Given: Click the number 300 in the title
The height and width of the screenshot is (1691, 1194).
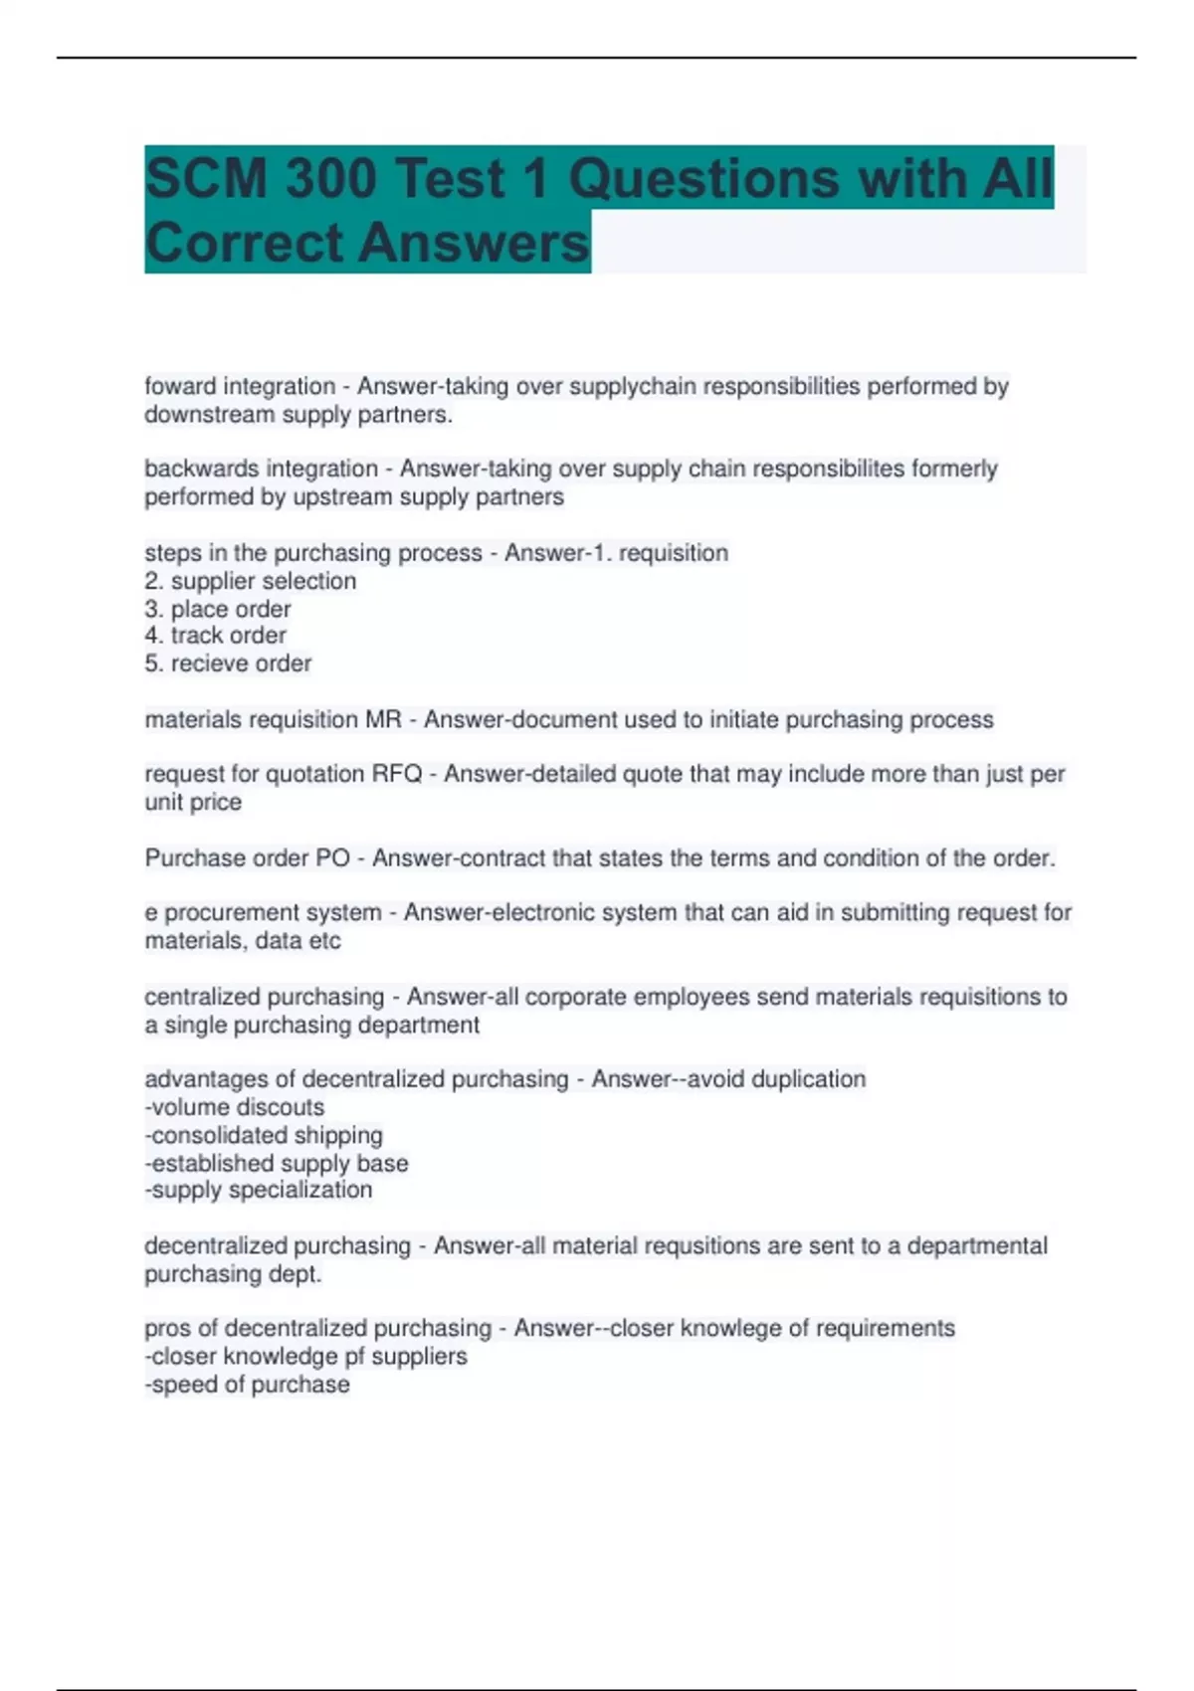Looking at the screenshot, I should click(329, 179).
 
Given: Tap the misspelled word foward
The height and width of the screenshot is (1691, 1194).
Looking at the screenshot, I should click(173, 386).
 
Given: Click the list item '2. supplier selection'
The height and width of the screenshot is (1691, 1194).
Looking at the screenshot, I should click(250, 581).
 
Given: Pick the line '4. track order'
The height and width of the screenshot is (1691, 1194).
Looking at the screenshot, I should click(215, 636).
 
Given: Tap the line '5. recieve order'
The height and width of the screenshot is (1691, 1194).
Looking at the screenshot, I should click(228, 663).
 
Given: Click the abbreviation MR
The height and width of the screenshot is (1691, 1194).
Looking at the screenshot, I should click(383, 719).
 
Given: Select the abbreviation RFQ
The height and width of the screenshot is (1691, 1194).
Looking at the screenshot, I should click(397, 774).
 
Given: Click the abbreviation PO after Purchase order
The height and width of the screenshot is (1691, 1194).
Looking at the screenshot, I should click(332, 857).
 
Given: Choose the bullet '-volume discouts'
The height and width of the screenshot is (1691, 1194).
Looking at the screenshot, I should click(235, 1107).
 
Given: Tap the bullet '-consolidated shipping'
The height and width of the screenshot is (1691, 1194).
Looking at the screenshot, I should click(264, 1135).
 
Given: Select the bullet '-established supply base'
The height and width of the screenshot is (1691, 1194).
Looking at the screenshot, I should click(277, 1163).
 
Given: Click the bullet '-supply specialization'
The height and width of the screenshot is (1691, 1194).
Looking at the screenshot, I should click(259, 1190).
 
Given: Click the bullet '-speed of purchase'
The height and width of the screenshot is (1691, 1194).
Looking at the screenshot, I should click(247, 1385).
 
